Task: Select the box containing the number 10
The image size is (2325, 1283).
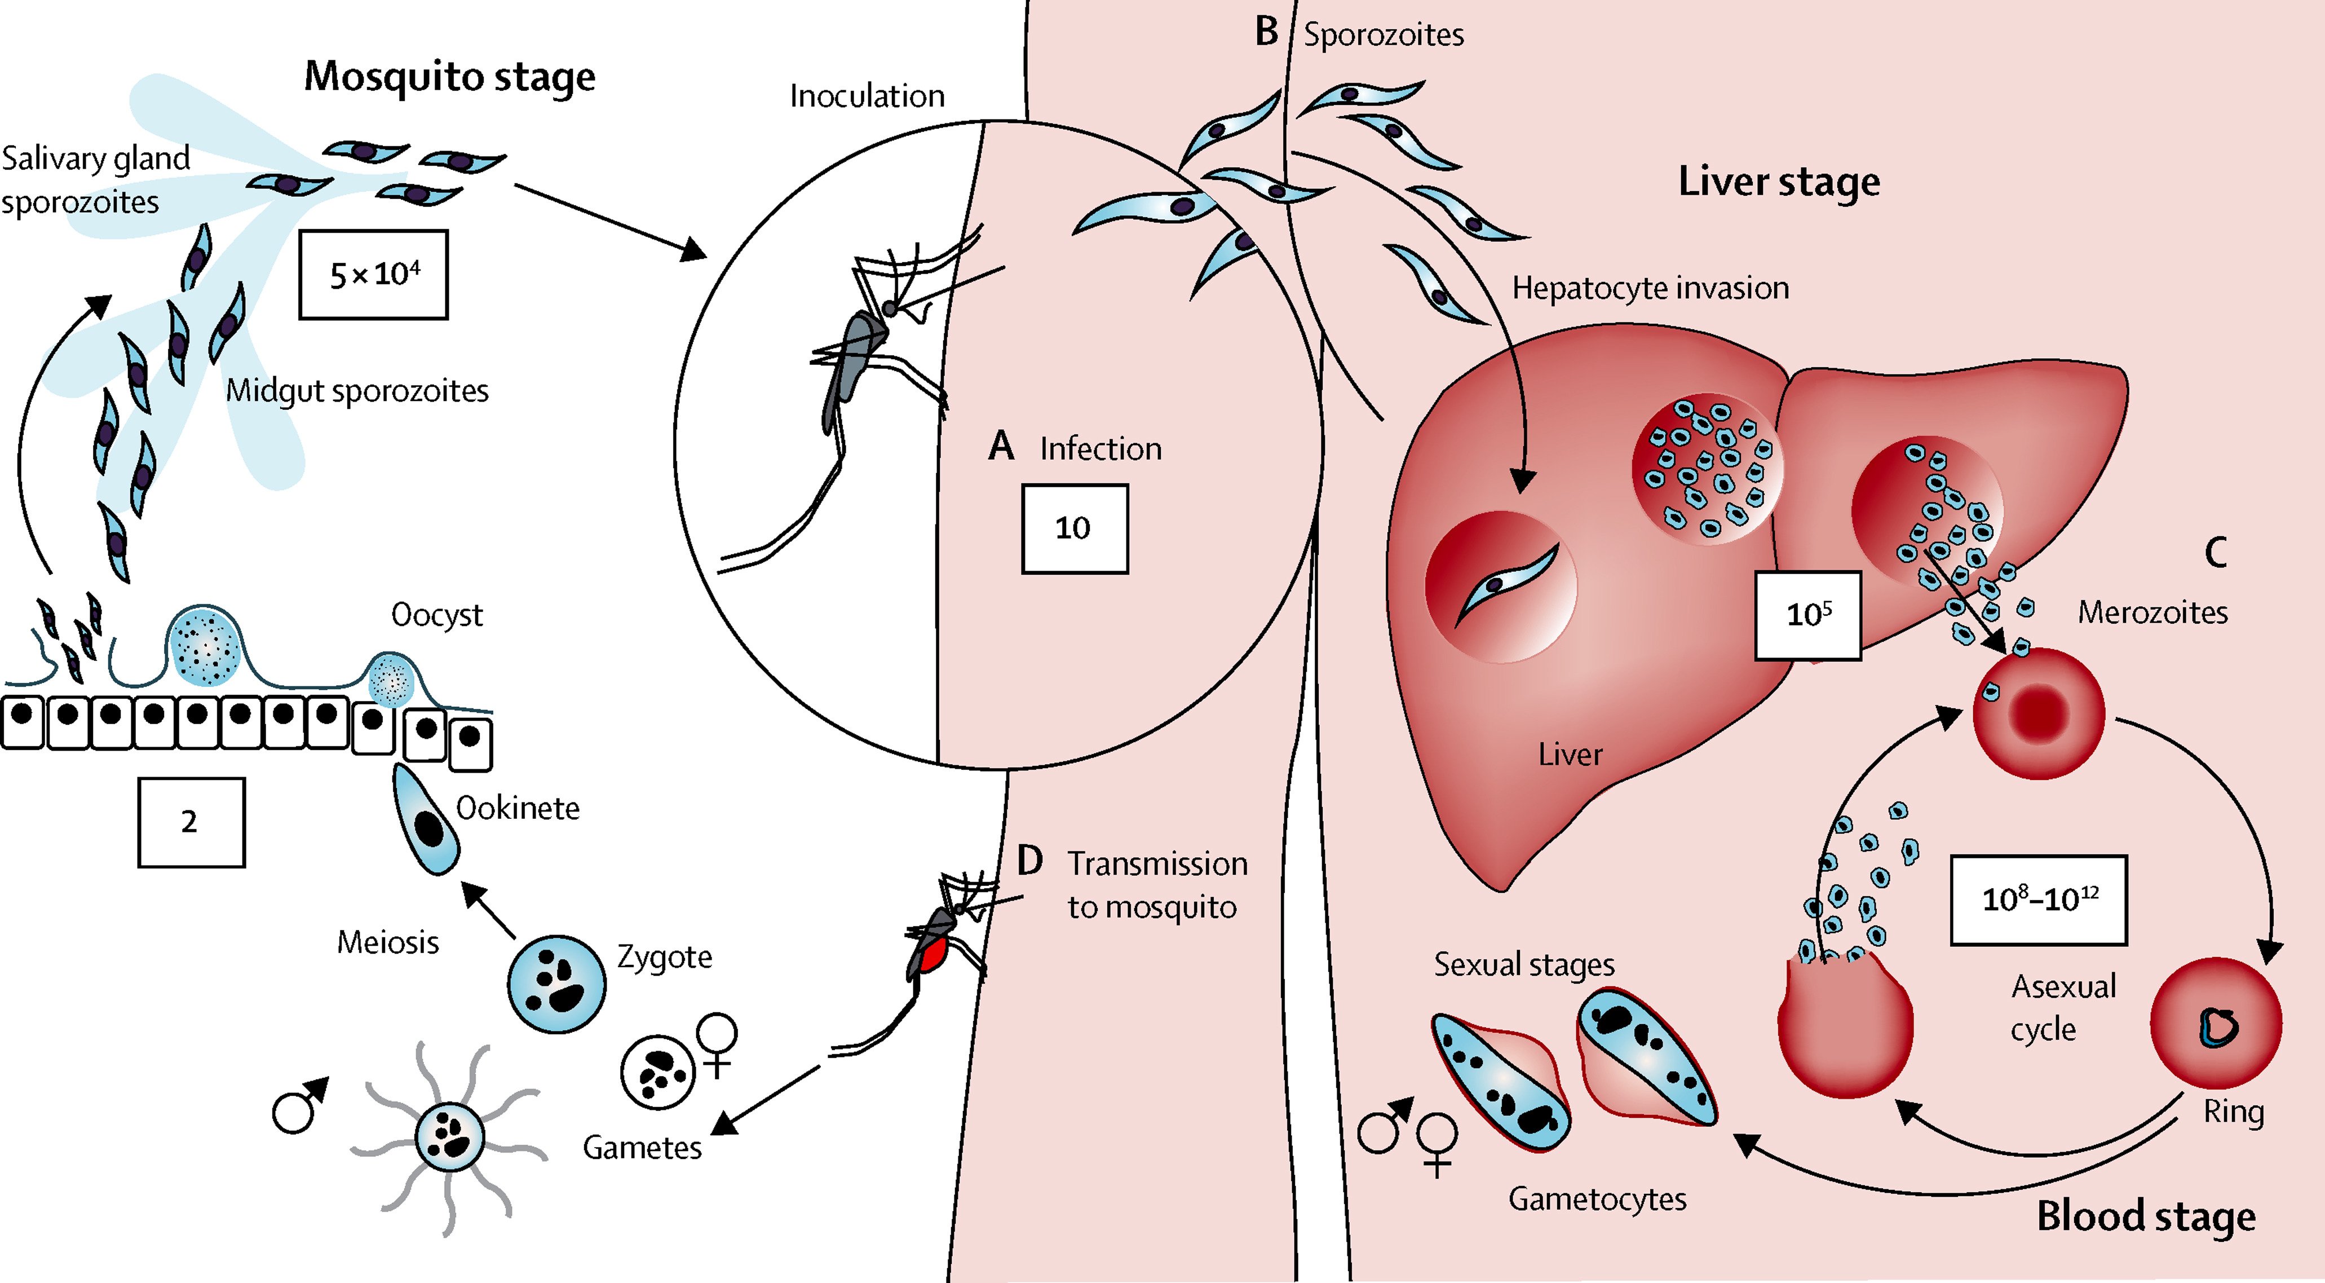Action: (1074, 528)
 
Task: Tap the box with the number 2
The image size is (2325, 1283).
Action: (191, 822)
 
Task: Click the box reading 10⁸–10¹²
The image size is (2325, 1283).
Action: (2038, 900)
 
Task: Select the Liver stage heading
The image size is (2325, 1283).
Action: (1779, 182)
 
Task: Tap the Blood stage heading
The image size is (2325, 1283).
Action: (2145, 1216)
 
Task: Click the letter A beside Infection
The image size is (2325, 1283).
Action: (1001, 446)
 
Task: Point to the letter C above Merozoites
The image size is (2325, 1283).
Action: (2215, 553)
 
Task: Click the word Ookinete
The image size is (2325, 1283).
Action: (517, 808)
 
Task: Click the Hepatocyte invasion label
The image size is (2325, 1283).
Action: (1650, 288)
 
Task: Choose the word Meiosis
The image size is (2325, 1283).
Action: (387, 942)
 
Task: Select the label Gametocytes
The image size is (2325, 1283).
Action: (1597, 1199)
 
